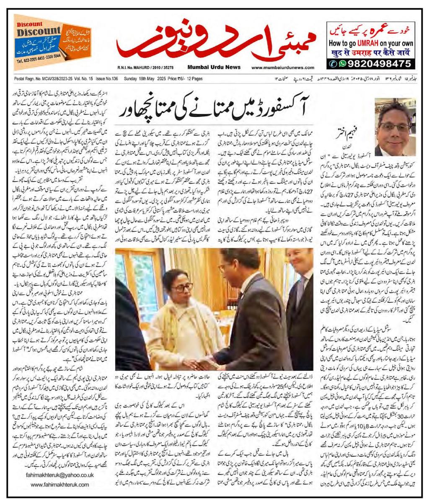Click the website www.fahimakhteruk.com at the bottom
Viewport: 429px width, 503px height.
pyautogui.click(x=62, y=485)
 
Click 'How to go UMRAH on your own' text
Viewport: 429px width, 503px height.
pyautogui.click(x=371, y=43)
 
